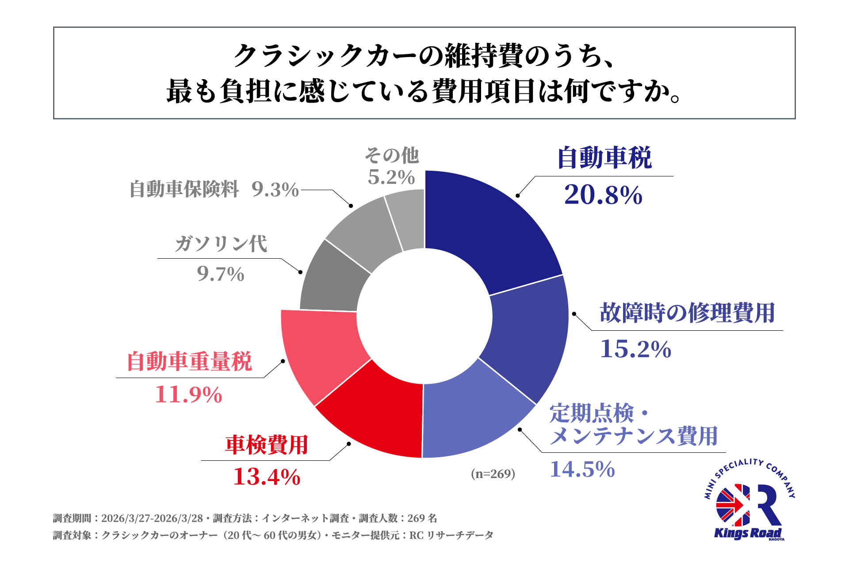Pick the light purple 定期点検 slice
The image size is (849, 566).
tap(473, 416)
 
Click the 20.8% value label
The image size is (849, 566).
tap(603, 195)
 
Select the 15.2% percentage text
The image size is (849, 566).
tap(635, 349)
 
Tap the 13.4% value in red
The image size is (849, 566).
tap(267, 477)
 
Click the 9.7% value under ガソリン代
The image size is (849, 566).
tap(221, 274)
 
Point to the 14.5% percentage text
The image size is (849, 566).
tap(582, 470)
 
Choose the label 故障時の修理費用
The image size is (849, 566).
tap(687, 313)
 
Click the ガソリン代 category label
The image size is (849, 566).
tap(221, 244)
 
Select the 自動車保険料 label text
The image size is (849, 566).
tap(184, 190)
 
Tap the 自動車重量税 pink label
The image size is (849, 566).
tap(189, 362)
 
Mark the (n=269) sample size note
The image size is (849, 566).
tap(493, 474)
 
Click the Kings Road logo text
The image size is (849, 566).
tap(747, 533)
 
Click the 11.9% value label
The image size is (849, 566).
tap(188, 395)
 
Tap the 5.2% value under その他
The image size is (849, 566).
tap(391, 178)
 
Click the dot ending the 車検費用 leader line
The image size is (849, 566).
tap(349, 444)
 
